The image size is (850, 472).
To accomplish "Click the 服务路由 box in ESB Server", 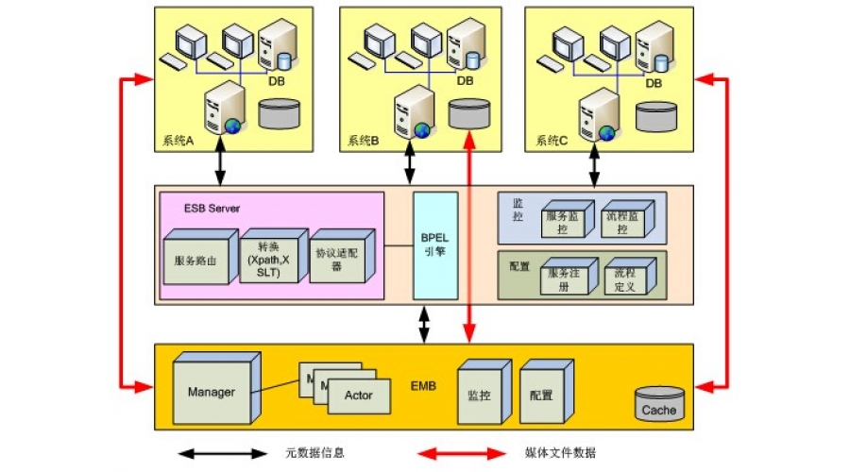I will click(x=195, y=259).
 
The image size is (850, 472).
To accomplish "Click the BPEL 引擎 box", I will click(x=435, y=245).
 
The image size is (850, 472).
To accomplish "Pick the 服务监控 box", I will click(x=564, y=221).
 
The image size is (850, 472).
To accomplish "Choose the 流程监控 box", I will click(x=623, y=221).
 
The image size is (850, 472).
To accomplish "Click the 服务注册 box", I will click(x=564, y=278).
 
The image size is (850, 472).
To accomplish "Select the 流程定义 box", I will click(x=623, y=278).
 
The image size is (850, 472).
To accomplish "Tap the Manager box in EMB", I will click(x=212, y=391).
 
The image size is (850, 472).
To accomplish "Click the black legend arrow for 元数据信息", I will click(x=223, y=453).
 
